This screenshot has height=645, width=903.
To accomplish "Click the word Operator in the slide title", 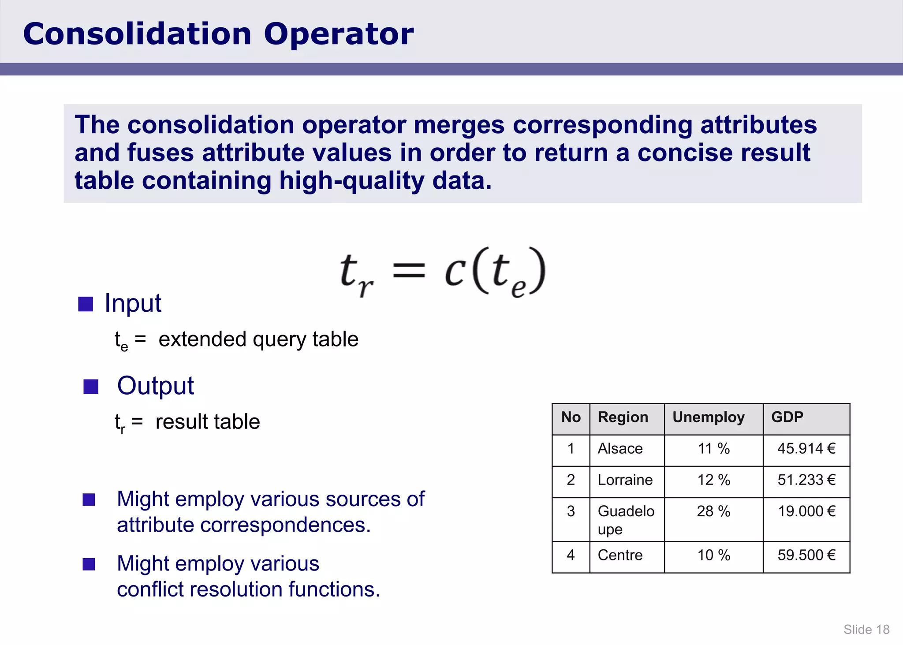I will pyautogui.click(x=338, y=34).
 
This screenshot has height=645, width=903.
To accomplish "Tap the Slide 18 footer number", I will pyautogui.click(x=866, y=629).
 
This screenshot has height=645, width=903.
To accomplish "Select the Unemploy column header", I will pyautogui.click(x=708, y=417).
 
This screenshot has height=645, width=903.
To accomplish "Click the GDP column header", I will pyautogui.click(x=787, y=417).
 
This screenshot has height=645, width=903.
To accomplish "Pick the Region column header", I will pyautogui.click(x=623, y=417).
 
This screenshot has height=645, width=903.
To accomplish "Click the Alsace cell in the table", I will pyautogui.click(x=620, y=449).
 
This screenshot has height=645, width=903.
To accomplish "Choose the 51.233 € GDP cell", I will pyautogui.click(x=806, y=480).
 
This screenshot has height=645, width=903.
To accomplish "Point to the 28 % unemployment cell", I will pyautogui.click(x=713, y=511).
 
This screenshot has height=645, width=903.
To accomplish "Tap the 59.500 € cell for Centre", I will pyautogui.click(x=806, y=556).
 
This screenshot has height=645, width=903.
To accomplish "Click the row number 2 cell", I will pyautogui.click(x=571, y=480).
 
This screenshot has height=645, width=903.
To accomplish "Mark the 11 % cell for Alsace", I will pyautogui.click(x=713, y=449).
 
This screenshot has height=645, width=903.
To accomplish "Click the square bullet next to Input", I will pyautogui.click(x=86, y=304).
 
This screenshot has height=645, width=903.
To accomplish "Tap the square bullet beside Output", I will pyautogui.click(x=91, y=387).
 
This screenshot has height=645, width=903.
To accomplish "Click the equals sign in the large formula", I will pyautogui.click(x=409, y=270).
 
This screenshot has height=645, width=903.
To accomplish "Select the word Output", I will pyautogui.click(x=155, y=386).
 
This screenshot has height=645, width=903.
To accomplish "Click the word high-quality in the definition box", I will pyautogui.click(x=351, y=181).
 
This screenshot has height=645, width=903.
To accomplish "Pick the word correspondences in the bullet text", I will pyautogui.click(x=285, y=525).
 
